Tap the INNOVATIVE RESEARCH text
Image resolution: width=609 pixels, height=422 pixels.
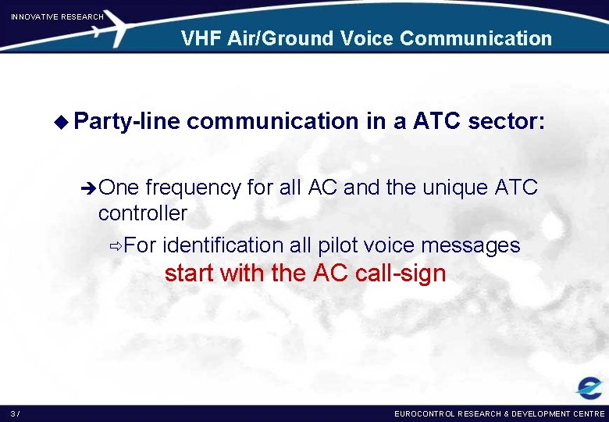57,16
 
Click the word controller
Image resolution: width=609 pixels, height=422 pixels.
143,213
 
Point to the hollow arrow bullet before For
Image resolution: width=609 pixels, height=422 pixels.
116,246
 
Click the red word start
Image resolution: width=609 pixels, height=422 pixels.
190,274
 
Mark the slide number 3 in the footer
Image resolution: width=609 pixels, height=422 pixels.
13,413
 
